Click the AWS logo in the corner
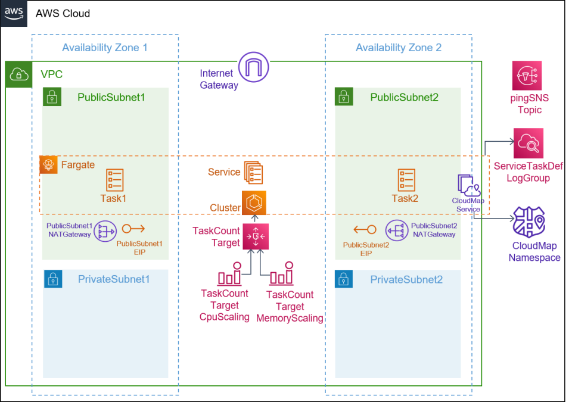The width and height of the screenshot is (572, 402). click(14, 14)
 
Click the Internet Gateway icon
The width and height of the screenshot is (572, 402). click(254, 67)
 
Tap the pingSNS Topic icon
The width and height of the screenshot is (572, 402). click(527, 76)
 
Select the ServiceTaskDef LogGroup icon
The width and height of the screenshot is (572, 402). click(529, 143)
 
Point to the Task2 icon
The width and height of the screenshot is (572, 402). click(407, 179)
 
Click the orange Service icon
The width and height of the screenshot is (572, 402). click(253, 172)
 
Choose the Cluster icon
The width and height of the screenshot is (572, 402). click(254, 203)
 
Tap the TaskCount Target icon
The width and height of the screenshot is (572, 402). click(256, 236)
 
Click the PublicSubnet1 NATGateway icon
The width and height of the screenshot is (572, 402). click(105, 230)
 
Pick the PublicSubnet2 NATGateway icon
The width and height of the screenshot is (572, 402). click(396, 230)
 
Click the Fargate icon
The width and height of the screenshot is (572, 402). click(49, 165)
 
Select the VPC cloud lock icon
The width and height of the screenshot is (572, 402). click(19, 74)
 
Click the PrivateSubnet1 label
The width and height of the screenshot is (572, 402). click(113, 279)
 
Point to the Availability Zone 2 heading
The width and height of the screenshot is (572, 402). click(398, 48)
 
